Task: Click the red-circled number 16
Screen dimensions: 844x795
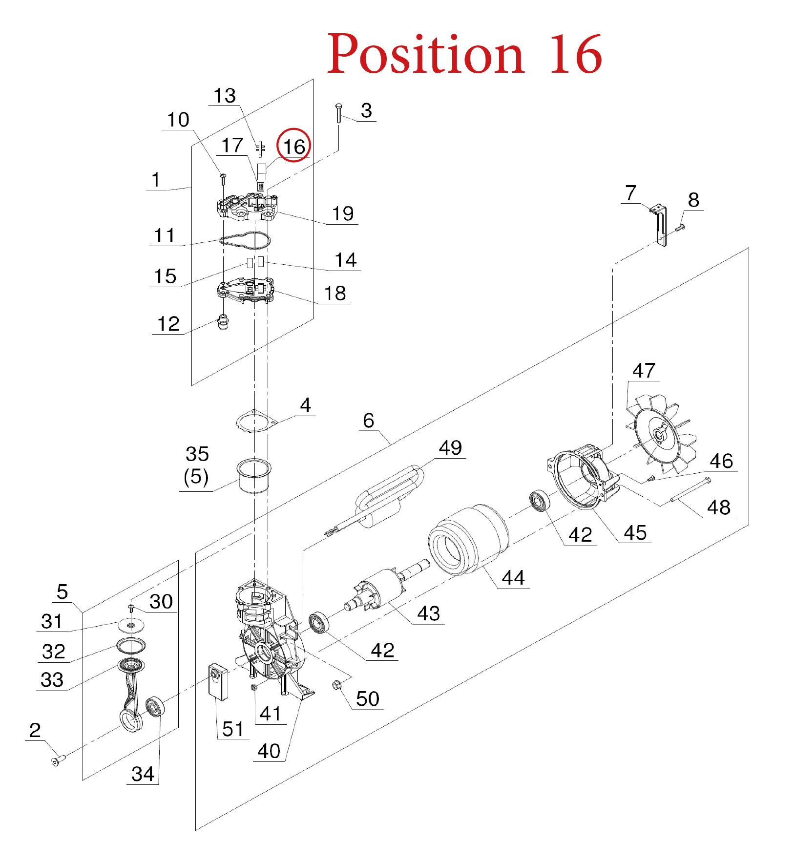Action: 294,146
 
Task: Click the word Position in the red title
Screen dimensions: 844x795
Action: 425,54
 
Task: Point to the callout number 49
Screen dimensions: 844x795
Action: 450,448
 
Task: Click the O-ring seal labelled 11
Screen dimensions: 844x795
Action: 245,240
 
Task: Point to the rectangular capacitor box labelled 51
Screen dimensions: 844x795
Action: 218,681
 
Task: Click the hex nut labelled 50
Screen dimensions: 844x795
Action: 337,685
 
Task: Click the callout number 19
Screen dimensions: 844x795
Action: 343,213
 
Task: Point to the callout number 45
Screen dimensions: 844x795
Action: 635,532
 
